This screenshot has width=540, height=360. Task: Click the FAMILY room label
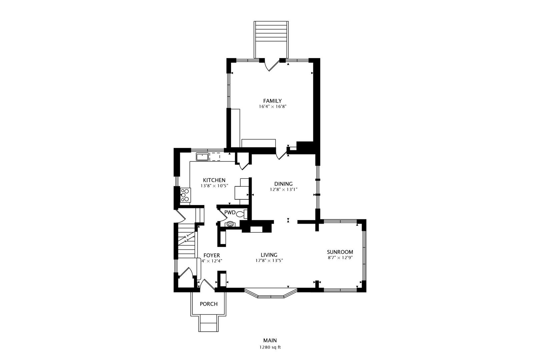tap(272, 101)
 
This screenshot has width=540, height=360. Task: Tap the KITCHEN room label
tap(214, 180)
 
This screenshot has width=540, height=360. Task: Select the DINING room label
tap(283, 184)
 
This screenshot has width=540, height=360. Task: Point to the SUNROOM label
tap(340, 252)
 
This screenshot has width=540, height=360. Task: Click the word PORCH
tap(209, 304)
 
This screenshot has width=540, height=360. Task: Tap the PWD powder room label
tap(230, 212)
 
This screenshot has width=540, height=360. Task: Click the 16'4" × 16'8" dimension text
tap(272, 106)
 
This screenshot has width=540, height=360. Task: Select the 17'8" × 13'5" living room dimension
tap(269, 260)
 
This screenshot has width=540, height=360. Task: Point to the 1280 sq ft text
tap(270, 347)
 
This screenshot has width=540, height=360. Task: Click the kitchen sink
tap(202, 157)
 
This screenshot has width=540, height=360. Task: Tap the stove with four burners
tap(185, 195)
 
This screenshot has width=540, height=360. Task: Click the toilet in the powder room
tap(241, 214)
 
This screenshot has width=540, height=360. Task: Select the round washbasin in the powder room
tap(230, 224)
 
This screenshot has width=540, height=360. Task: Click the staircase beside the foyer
tap(186, 241)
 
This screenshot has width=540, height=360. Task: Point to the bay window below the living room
tap(271, 293)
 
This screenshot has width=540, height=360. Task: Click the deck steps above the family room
tap(271, 40)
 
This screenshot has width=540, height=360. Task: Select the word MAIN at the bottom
tap(270, 340)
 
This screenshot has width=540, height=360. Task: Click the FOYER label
tap(212, 255)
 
